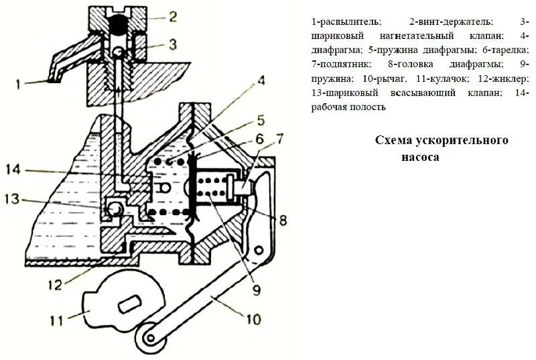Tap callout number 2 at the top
[x=173, y=15]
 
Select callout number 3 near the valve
[x=173, y=45]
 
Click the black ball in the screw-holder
[x=118, y=25]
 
